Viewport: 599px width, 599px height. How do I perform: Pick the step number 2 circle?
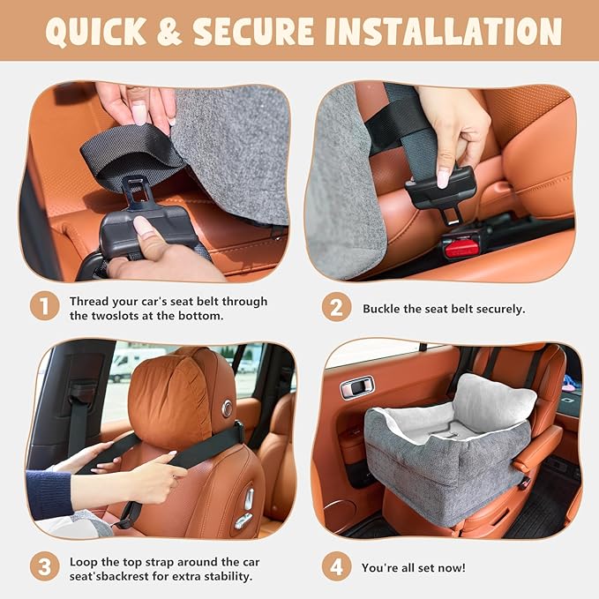tap(336, 308)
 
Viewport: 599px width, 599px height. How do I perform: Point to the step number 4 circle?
tap(336, 567)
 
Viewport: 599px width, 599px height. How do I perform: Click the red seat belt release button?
tap(461, 248)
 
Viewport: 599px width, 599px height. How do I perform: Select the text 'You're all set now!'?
tap(413, 568)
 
